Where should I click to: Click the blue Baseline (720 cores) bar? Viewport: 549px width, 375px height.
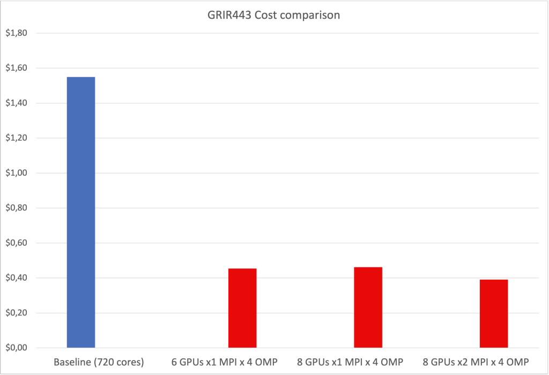click(x=81, y=212)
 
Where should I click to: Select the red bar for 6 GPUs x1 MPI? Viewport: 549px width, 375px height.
click(x=242, y=308)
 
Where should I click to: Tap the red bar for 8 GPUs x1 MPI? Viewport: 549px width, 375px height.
click(x=368, y=307)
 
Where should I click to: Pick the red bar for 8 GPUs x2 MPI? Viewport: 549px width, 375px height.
click(x=494, y=313)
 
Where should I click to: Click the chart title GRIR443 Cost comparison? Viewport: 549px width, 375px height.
click(x=274, y=15)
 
